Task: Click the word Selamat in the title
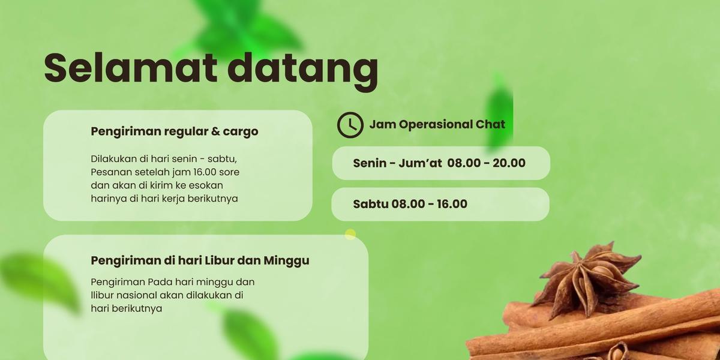click(x=131, y=68)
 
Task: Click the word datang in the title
click(x=303, y=72)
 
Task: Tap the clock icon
click(x=350, y=125)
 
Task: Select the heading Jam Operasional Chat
click(x=437, y=124)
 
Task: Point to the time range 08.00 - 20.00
click(x=487, y=163)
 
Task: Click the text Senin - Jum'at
click(x=397, y=163)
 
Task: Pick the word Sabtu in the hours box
click(x=371, y=204)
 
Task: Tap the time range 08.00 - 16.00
click(x=430, y=204)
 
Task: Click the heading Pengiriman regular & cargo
click(x=175, y=131)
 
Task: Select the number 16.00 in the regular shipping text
click(x=205, y=172)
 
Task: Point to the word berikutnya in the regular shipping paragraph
click(x=213, y=199)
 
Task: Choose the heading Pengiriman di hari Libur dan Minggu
click(x=200, y=260)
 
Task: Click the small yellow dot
click(x=350, y=235)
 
